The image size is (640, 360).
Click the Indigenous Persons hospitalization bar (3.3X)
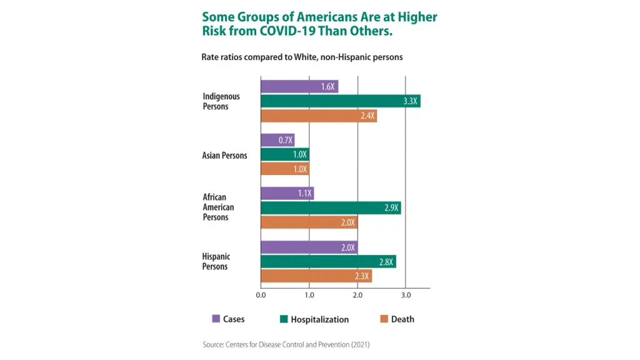[x=340, y=101]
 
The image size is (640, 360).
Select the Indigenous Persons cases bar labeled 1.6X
[x=299, y=87]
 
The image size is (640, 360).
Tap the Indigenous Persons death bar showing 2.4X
[x=318, y=116]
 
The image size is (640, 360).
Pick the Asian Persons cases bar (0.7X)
[x=277, y=140]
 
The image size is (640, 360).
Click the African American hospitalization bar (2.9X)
[x=330, y=208]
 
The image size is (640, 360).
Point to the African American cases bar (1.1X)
[x=286, y=194]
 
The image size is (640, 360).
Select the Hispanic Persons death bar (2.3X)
[x=316, y=276]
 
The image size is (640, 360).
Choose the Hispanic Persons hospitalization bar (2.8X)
[x=327, y=262]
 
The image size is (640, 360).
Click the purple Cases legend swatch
[x=216, y=319]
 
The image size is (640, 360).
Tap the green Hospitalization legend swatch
[x=283, y=319]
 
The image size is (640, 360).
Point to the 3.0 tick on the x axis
[x=406, y=295]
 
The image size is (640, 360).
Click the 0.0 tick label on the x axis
[x=261, y=295]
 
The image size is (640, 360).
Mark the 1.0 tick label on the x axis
[x=309, y=295]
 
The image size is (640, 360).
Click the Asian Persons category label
[x=224, y=156]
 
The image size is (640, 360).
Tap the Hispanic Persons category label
[x=216, y=262]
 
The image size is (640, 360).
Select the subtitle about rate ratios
[x=302, y=57]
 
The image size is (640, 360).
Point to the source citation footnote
[x=286, y=344]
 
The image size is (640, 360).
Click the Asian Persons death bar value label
[x=300, y=169]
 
